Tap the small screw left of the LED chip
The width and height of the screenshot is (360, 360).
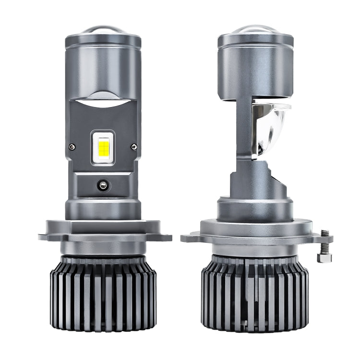pyautogui.click(x=72, y=146)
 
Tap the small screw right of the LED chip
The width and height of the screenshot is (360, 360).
pyautogui.click(x=133, y=146)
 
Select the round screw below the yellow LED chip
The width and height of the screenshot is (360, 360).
pyautogui.click(x=102, y=183)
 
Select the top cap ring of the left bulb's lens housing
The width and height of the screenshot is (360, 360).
pyautogui.click(x=103, y=40)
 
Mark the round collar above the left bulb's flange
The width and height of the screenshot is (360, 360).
pyautogui.click(x=103, y=208)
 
